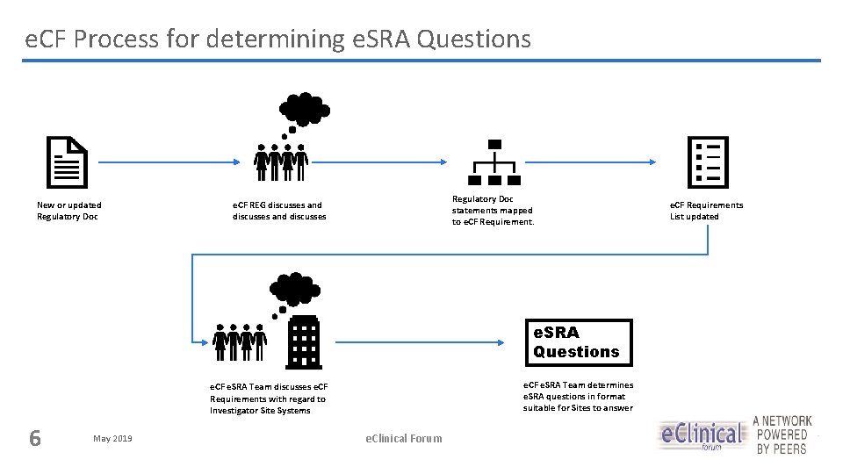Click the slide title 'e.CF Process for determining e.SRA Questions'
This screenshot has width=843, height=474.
[277, 39]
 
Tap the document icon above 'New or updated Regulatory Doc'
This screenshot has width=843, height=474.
[67, 163]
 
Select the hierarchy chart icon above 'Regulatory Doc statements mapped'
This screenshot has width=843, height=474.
[494, 163]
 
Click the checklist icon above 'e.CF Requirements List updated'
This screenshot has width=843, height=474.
[708, 163]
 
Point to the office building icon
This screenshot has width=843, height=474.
[303, 341]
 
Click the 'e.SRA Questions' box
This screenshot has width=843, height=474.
[578, 342]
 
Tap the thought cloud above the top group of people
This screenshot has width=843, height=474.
[304, 110]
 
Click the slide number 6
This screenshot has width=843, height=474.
[35, 437]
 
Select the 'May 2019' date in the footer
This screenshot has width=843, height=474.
[112, 438]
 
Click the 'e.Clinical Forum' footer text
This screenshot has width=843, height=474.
[404, 438]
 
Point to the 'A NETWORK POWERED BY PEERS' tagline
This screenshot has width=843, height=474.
[782, 435]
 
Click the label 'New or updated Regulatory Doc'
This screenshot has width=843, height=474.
[68, 211]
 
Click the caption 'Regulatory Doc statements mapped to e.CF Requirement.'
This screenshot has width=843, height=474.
[493, 211]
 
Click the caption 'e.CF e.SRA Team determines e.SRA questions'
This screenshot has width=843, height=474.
[578, 396]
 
